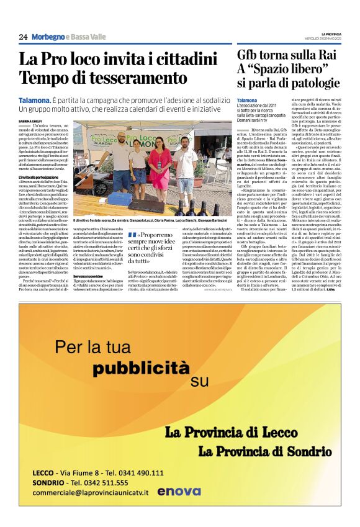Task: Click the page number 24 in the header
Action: tap(23, 37)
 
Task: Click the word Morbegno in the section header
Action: tap(47, 37)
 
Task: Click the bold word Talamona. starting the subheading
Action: tap(35, 99)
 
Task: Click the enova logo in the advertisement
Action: tap(178, 491)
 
